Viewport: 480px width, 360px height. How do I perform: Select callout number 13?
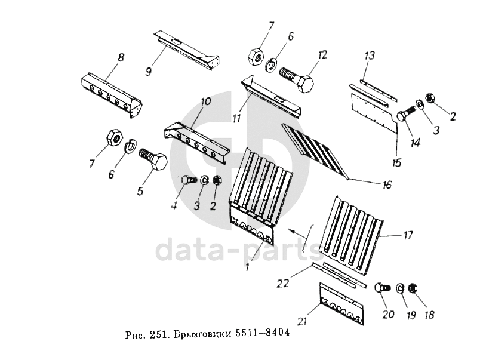(370, 56)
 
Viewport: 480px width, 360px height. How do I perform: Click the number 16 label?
(387, 185)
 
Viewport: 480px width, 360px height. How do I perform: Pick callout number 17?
(408, 235)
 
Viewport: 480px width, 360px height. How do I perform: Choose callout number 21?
(302, 322)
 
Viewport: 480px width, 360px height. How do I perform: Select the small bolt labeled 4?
(187, 180)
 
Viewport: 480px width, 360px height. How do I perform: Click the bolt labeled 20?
(383, 288)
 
